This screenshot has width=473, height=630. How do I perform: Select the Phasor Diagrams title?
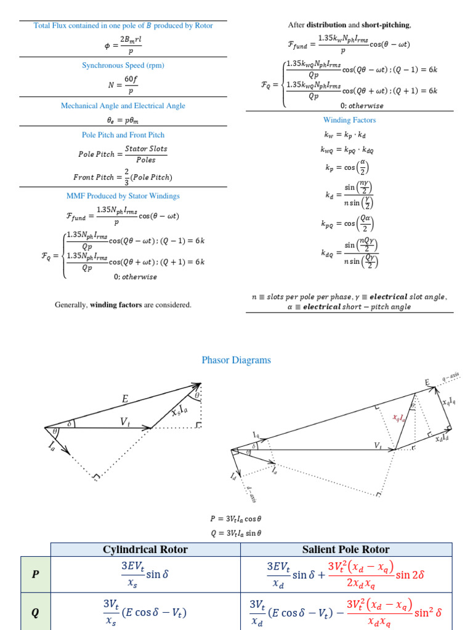pos(236,360)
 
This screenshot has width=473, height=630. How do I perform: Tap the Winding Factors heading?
pos(349,120)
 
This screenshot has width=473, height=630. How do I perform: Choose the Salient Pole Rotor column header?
pos(346,549)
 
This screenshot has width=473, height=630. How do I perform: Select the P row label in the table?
pos(36,574)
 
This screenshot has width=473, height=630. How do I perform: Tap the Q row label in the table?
pos(36,612)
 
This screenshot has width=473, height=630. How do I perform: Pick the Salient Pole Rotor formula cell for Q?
pos(346,612)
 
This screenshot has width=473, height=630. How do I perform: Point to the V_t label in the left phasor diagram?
pos(125,421)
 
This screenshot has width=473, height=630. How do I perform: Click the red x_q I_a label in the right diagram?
pos(400,417)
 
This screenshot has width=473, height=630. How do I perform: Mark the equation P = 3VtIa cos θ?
pos(236,519)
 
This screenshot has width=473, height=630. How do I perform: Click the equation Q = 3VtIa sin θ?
pos(236,533)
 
